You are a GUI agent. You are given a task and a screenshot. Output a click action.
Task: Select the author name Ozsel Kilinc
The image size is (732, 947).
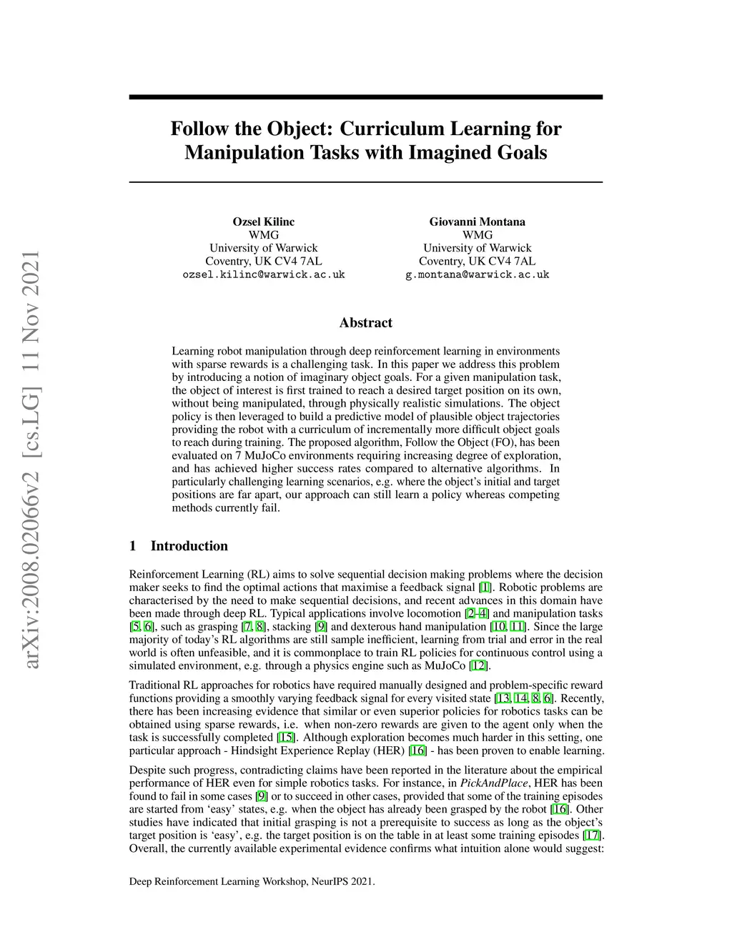(264, 222)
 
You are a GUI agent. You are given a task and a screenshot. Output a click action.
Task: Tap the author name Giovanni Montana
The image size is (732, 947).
(477, 222)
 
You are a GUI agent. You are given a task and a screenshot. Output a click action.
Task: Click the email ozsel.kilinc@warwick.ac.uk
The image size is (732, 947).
(264, 274)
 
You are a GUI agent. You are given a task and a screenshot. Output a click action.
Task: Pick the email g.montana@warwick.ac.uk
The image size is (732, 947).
(477, 274)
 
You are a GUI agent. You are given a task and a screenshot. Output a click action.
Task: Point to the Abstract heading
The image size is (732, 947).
(365, 323)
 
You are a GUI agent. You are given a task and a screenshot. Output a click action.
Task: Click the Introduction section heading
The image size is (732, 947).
(189, 546)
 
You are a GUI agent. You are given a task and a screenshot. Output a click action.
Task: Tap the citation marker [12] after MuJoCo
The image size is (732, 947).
(478, 666)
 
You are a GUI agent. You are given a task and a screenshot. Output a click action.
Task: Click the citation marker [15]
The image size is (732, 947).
(286, 738)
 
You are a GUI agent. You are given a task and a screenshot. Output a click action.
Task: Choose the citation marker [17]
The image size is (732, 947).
(593, 836)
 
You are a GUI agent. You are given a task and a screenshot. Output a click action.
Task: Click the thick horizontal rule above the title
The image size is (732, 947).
(365, 97)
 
